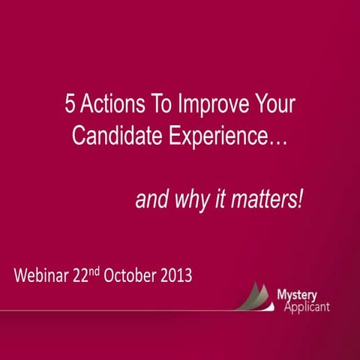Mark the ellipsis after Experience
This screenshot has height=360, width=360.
pyautogui.click(x=278, y=142)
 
